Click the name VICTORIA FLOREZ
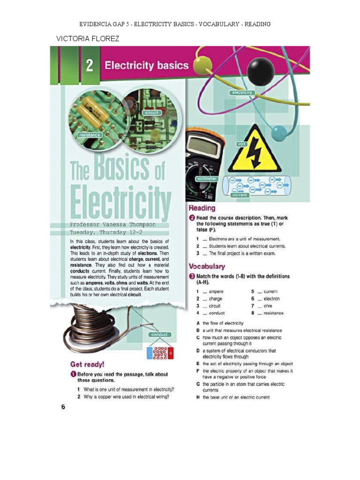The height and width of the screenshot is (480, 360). click(88, 38)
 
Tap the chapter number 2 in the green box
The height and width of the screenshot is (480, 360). click(89, 65)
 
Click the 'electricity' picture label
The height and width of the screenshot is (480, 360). click(242, 93)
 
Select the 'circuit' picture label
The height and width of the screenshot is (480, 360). click(152, 113)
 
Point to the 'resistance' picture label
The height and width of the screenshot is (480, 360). click(90, 135)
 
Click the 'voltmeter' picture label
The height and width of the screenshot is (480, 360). click(207, 179)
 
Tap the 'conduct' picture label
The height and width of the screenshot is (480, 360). click(160, 335)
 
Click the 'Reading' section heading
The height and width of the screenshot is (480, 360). click(202, 208)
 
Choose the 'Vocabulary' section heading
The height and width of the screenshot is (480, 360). click(207, 266)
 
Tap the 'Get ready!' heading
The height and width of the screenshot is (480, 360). click(87, 364)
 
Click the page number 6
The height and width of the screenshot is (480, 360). click(63, 406)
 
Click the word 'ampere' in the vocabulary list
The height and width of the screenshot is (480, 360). click(216, 292)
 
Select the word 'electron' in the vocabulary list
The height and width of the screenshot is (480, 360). click(271, 299)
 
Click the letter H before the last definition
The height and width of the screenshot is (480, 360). click(198, 397)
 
